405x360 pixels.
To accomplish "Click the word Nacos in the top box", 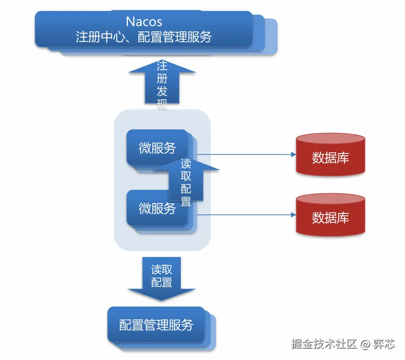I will coord(144,21).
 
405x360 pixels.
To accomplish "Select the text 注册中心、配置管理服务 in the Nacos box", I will coord(144,37).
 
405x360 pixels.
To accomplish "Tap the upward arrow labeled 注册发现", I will coord(162,84).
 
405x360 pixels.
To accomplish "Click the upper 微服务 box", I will coord(157,148).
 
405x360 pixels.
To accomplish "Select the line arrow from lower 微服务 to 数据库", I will coord(245,215).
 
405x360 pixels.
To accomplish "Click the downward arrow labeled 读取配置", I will coord(161,278).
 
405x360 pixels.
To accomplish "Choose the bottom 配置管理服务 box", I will coord(156,325).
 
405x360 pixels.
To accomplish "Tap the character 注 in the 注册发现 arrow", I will coord(162,66).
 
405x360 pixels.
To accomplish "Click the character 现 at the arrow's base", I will coord(162,105).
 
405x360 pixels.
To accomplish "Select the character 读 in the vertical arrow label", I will coord(186,164).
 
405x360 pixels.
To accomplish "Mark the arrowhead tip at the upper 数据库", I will coord(295,155).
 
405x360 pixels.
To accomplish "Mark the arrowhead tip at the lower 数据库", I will coord(295,215).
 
